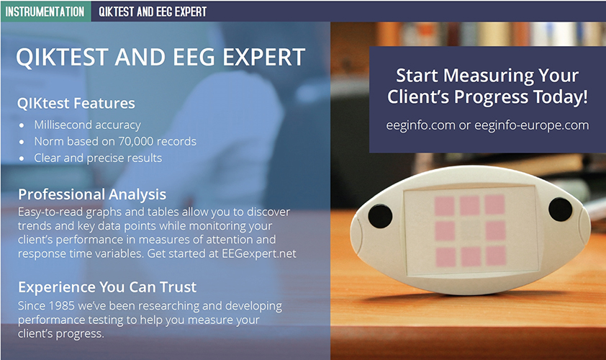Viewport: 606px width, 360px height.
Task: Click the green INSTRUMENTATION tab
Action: tap(45, 12)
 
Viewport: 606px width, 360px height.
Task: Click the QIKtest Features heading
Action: tap(76, 103)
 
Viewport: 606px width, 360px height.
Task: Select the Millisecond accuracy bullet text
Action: tap(87, 125)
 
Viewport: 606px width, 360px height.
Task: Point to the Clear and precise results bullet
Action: tap(98, 158)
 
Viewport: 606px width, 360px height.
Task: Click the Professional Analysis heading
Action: tap(92, 194)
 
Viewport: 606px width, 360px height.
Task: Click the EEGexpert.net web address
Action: tap(259, 253)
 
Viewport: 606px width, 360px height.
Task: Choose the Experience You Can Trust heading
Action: tap(107, 287)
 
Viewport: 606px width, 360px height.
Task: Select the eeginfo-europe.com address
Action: tap(531, 126)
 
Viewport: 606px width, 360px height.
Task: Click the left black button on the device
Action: tap(380, 216)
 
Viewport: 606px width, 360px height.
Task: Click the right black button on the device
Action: tap(560, 210)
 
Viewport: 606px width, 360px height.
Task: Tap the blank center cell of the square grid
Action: tap(471, 230)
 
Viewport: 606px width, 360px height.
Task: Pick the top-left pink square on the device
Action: tap(445, 206)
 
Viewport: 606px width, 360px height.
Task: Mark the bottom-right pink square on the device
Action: tap(496, 256)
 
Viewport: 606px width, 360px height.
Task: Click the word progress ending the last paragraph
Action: tap(80, 334)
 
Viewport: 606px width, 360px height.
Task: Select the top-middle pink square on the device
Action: tap(470, 205)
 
